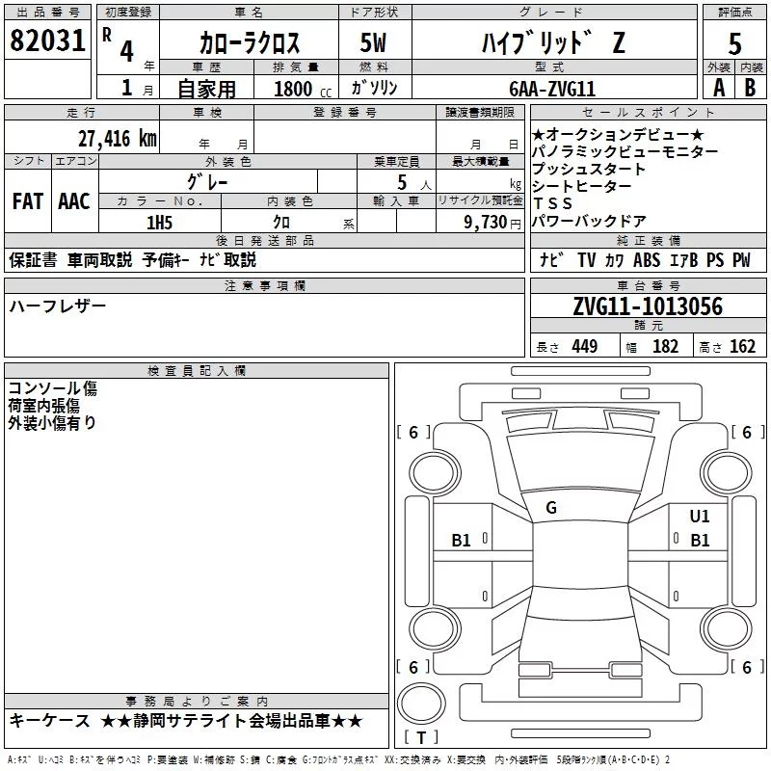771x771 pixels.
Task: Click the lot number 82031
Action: pos(47,41)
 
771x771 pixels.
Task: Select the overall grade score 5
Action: pos(734,44)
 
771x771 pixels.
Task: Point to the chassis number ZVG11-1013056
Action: pos(647,306)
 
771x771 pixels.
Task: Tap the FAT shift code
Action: pos(27,201)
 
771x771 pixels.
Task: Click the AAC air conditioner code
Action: pos(74,201)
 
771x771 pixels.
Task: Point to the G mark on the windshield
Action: pos(551,507)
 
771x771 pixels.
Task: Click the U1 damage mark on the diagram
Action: pos(700,517)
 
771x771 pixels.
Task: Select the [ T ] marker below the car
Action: pos(420,738)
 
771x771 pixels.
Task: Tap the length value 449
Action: pos(584,347)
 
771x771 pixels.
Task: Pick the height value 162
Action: pos(742,347)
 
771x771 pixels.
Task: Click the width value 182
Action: pos(665,347)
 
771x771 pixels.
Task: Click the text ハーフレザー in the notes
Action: pos(58,306)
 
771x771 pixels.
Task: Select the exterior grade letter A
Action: pos(718,88)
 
